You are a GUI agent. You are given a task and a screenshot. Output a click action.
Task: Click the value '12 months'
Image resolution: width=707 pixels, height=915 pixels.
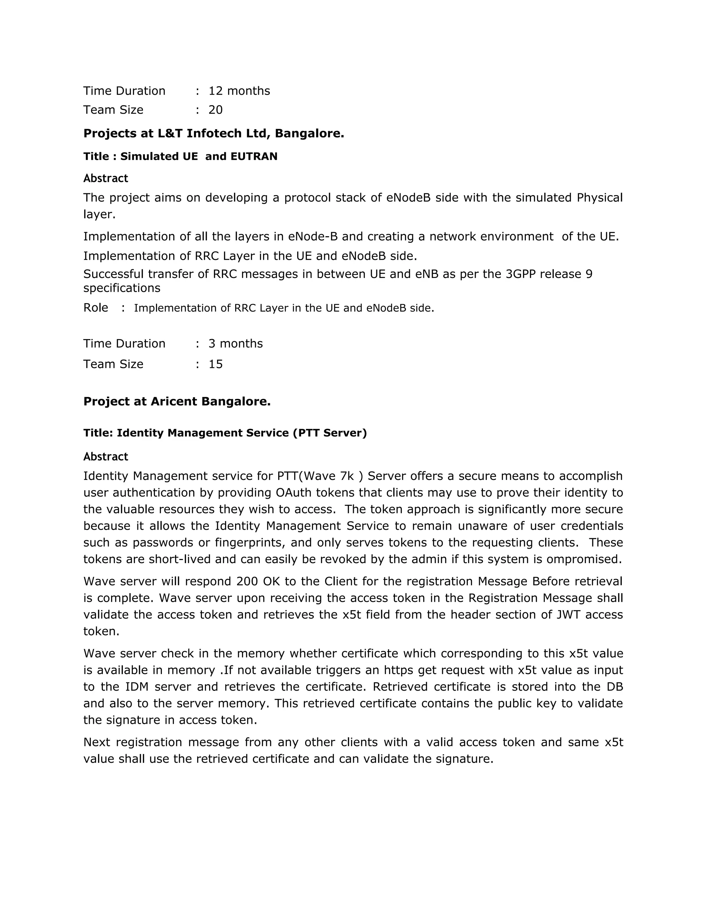pos(239,91)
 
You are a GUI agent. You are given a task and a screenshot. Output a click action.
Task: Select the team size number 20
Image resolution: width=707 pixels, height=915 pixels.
pos(216,110)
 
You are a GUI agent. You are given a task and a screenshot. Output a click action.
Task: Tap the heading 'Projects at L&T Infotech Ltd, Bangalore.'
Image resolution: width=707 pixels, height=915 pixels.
pos(214,133)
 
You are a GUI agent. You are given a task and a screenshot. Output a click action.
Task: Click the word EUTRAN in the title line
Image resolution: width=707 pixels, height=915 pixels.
pos(254,156)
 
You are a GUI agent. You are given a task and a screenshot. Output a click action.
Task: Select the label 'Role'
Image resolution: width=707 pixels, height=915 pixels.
pos(96,308)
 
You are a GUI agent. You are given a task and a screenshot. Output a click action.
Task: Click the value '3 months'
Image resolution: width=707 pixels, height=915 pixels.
pos(235,344)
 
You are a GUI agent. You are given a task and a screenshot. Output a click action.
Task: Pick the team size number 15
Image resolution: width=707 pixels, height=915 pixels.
pos(216,364)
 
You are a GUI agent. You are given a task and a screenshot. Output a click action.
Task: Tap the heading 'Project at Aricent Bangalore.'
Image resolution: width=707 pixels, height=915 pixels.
pos(177,401)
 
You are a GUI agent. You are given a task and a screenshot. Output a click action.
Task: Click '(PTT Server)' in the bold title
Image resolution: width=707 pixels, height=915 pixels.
pos(330,433)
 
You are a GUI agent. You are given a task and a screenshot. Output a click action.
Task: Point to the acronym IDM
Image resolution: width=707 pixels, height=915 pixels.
pos(134,687)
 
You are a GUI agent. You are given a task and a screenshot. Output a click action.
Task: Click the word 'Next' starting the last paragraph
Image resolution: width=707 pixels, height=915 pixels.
pos(96,742)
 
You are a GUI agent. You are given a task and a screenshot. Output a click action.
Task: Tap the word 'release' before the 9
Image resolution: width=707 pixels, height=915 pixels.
pos(560,274)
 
